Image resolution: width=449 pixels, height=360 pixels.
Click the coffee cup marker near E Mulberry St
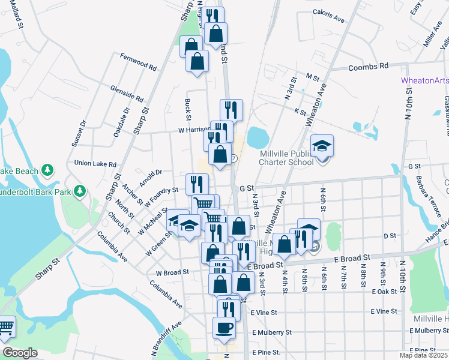click(x=224, y=328)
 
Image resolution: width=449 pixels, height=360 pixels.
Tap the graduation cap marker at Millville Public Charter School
click(x=322, y=146)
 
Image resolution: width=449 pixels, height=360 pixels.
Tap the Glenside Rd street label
click(x=127, y=93)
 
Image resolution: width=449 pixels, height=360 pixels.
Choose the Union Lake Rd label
click(x=95, y=163)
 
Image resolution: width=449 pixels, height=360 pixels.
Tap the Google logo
click(x=20, y=353)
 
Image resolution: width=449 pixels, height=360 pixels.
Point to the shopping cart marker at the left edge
click(x=5, y=326)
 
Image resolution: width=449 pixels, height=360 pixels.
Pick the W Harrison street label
click(x=193, y=129)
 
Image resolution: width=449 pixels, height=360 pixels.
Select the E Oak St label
click(x=384, y=292)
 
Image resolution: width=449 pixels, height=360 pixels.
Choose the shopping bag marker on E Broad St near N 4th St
click(x=285, y=244)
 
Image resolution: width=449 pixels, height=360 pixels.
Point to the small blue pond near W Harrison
click(x=258, y=137)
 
